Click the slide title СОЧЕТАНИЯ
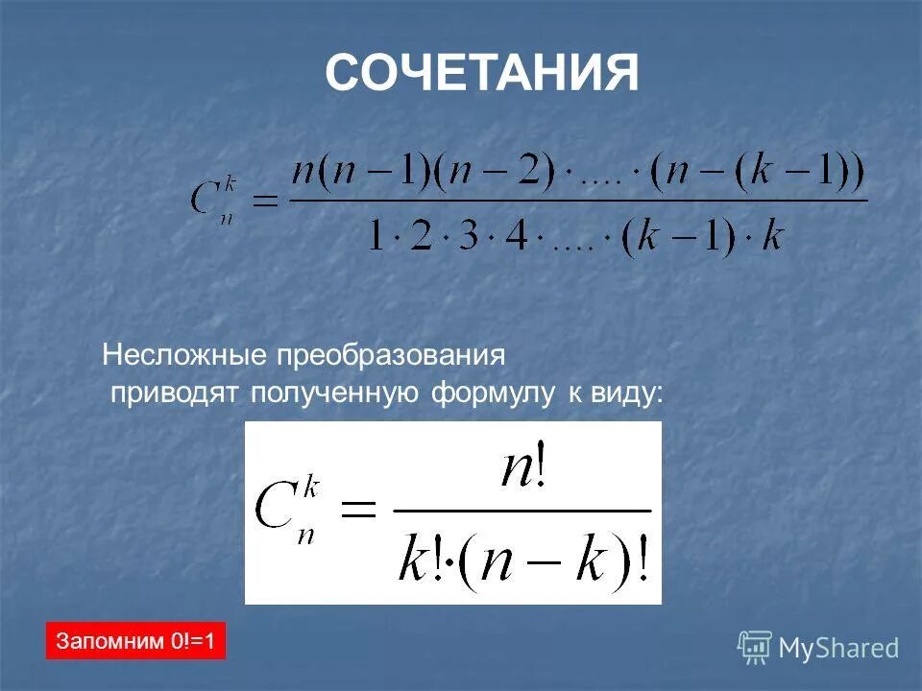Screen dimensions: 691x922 [x=481, y=73]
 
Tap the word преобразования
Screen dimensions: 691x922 [x=391, y=356]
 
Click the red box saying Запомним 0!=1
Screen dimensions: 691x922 [x=135, y=640]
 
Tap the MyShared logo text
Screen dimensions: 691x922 [x=838, y=648]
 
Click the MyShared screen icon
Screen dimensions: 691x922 [x=755, y=647]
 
